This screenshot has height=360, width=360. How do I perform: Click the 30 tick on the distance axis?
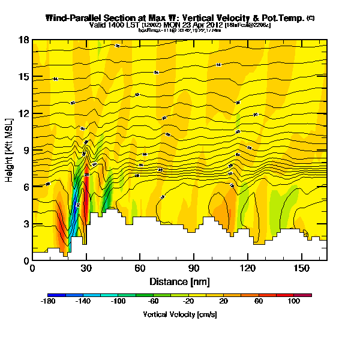click(86, 268)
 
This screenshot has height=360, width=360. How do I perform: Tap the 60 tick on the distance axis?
click(140, 268)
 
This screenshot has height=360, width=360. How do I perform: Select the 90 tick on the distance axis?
click(194, 268)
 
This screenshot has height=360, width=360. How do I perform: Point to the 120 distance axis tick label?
click(248, 268)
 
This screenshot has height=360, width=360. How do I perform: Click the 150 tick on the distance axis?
click(301, 268)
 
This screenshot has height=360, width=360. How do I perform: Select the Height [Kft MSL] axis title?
click(10, 149)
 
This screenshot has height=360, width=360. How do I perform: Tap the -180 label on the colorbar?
click(49, 302)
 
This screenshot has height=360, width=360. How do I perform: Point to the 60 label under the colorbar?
click(259, 302)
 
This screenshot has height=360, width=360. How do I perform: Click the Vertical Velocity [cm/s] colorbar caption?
click(179, 314)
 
